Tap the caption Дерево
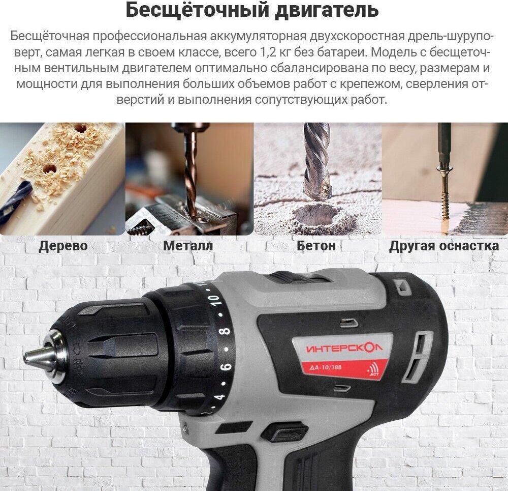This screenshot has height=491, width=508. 63,246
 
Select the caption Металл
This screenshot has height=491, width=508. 188,245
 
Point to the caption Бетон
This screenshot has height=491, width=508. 316,245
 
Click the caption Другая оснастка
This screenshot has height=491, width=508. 444,246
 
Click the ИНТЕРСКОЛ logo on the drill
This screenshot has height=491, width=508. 344,348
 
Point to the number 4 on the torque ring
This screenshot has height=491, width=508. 220,396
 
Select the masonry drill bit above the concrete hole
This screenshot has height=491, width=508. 317,162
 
